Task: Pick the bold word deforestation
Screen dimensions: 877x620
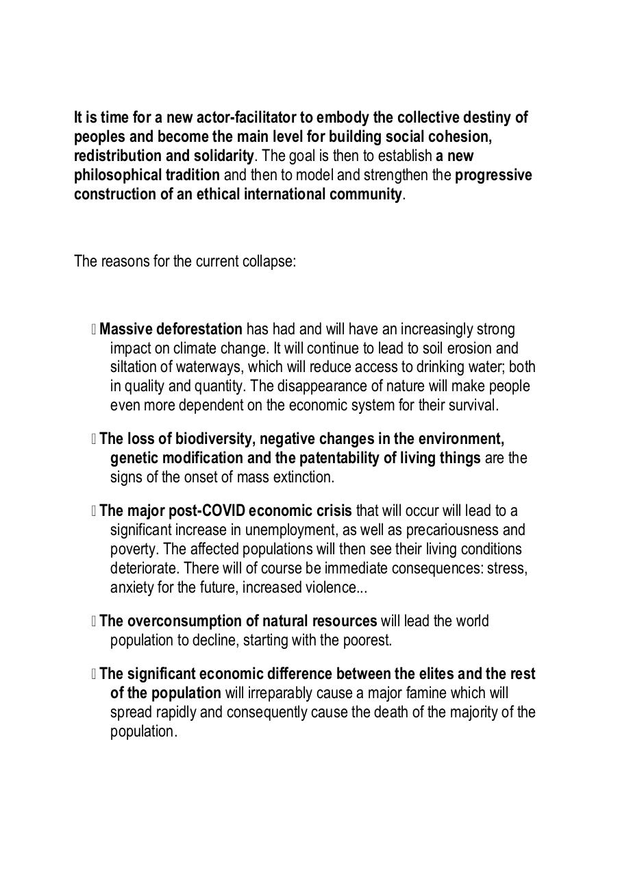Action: point(199,329)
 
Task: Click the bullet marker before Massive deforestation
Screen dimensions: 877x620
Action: point(93,330)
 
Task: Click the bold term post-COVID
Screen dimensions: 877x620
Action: point(207,510)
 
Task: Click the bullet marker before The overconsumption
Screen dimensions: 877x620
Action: point(93,621)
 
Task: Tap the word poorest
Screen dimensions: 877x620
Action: point(368,640)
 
